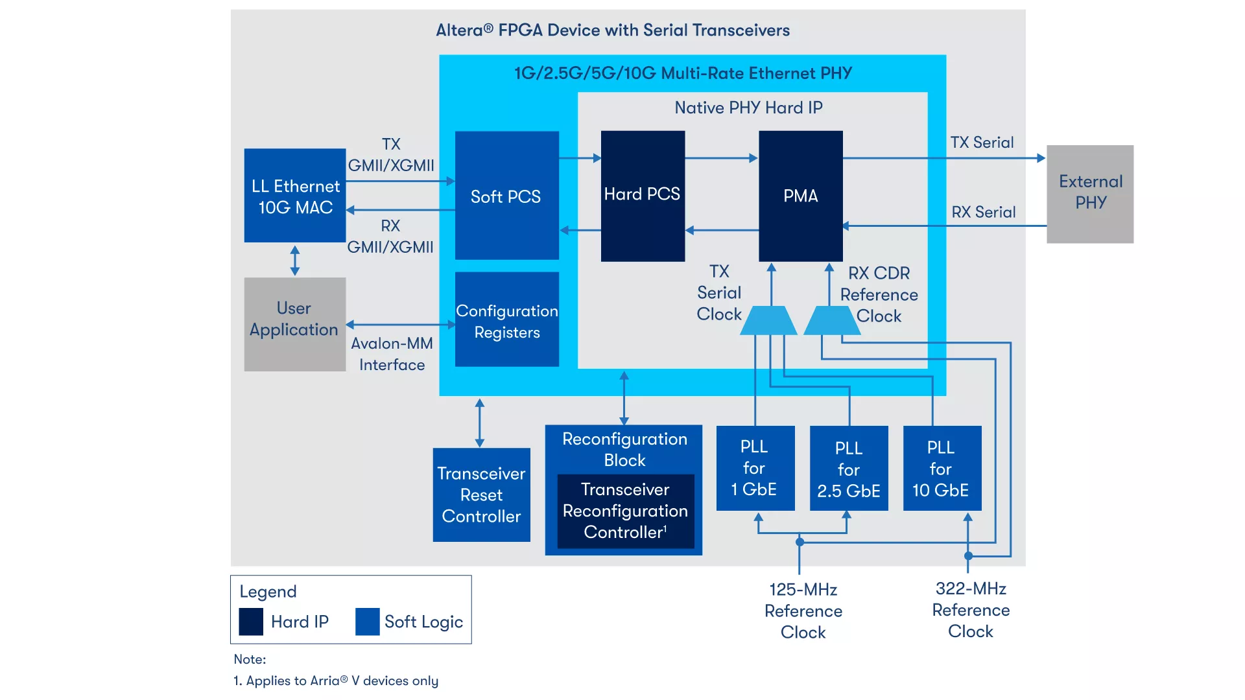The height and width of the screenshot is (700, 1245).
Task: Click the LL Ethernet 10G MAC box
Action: (295, 195)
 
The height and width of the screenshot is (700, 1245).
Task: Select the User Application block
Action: (295, 324)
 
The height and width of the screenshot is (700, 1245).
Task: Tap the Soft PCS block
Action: (507, 195)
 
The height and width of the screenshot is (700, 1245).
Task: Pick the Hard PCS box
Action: (643, 196)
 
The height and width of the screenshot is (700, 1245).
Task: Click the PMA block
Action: (801, 196)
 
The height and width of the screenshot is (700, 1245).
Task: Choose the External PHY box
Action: (1090, 194)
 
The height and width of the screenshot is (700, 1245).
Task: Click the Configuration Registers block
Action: (507, 319)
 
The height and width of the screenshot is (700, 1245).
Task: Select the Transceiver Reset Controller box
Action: (482, 495)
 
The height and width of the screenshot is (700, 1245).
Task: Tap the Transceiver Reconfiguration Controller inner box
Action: (626, 511)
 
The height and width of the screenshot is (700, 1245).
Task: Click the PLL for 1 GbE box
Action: (755, 468)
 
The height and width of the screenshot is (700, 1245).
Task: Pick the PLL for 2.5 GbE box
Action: (849, 468)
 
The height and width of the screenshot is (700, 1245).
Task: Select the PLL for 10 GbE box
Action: (942, 468)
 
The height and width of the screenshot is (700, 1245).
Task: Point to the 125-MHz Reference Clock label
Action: (803, 611)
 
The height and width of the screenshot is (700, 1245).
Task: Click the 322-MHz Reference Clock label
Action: (971, 610)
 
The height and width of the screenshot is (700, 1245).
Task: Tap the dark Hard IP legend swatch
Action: (251, 622)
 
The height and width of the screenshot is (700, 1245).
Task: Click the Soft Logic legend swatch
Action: (368, 622)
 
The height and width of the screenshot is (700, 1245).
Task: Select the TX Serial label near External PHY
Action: (982, 143)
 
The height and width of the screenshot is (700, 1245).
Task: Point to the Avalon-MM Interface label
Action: (392, 354)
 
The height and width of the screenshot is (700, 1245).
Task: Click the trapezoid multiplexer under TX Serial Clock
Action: (768, 320)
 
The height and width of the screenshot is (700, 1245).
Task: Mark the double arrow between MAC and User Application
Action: (295, 261)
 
